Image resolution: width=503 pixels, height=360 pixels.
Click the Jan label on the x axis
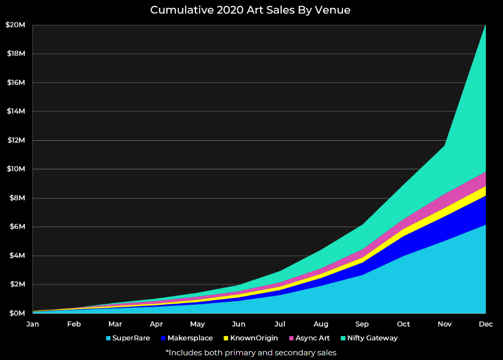pos(32,324)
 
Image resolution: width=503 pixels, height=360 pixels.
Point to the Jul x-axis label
pos(280,324)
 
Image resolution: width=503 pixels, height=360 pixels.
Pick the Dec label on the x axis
pos(486,324)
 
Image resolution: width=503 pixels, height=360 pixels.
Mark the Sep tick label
pos(362,324)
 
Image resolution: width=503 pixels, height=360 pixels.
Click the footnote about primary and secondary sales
pos(251,353)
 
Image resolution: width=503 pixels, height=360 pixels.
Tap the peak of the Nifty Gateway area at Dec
pos(485,26)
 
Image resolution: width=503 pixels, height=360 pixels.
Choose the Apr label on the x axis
pos(156,324)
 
